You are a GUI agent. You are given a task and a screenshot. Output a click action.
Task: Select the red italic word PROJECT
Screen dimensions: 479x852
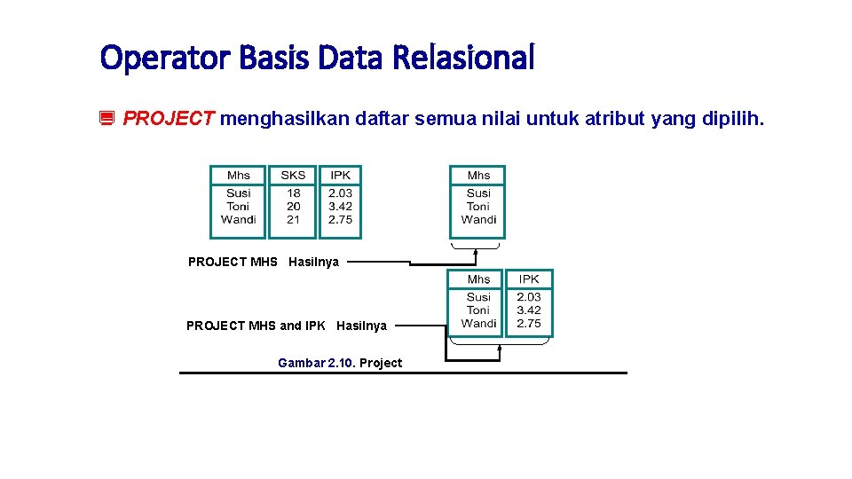169,118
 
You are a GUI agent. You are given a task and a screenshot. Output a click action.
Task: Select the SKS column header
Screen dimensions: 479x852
293,176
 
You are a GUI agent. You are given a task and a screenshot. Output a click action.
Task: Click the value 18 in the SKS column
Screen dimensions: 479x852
294,193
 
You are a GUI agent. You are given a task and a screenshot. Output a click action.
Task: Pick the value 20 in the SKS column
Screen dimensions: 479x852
294,207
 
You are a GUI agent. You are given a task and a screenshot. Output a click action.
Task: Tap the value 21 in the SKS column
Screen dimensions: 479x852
294,220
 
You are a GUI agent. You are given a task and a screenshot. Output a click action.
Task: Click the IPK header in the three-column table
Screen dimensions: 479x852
340,176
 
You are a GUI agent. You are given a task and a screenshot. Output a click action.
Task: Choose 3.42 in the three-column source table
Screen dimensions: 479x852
340,207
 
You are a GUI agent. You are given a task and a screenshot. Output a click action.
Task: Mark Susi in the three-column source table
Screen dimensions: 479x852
239,193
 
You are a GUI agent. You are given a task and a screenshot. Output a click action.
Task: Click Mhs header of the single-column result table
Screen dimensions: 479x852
478,176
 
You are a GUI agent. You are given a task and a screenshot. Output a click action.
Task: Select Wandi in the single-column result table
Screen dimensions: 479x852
478,220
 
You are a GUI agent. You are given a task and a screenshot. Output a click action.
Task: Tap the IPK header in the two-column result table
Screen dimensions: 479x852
529,279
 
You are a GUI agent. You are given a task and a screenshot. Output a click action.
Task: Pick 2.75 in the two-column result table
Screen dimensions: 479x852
529,324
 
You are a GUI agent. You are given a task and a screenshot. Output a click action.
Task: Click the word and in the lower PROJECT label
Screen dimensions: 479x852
290,326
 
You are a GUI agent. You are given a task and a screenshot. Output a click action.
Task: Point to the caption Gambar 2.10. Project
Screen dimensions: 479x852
340,363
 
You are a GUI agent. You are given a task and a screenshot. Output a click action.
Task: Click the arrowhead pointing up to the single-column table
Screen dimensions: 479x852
476,252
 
